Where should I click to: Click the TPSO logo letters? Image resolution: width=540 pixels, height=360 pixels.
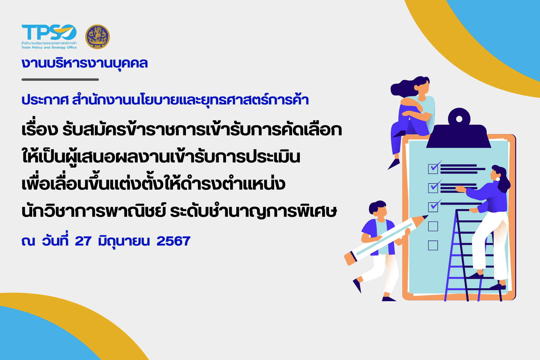49,32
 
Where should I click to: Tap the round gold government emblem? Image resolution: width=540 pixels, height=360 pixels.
97,37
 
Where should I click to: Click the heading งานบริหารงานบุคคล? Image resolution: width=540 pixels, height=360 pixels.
85,63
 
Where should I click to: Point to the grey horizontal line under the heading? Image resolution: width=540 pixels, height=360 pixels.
60,79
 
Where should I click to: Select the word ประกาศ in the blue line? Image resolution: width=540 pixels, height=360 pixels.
45,100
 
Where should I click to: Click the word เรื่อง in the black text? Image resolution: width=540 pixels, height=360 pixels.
40,130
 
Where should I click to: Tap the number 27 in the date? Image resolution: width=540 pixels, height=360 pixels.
83,241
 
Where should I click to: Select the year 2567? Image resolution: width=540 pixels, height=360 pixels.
173,241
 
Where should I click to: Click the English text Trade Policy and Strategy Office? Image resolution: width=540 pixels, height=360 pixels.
49,47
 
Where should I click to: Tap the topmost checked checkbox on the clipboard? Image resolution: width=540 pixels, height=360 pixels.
433,169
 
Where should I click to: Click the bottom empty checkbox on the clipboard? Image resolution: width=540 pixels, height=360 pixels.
433,245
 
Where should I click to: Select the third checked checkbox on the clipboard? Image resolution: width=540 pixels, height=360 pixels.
433,207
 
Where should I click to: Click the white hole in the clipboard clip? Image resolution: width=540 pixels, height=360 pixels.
459,119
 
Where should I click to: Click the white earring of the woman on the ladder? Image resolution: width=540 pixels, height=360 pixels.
498,179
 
